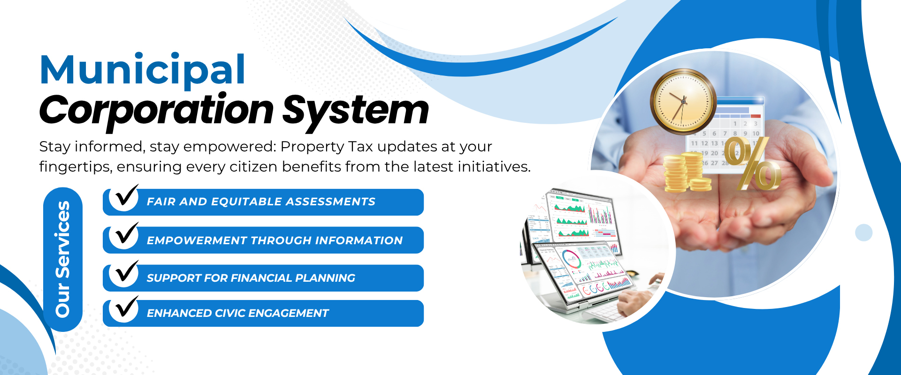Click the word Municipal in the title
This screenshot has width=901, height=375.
143,70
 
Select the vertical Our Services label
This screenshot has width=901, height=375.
62,259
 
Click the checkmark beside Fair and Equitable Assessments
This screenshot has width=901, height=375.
126,195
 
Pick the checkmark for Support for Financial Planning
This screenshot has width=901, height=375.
126,271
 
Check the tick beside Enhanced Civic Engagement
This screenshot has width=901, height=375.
126,307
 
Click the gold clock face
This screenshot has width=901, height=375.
683,101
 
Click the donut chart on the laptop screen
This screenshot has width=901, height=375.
571,259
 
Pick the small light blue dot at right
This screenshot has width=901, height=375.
863,232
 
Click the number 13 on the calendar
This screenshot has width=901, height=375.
714,143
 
